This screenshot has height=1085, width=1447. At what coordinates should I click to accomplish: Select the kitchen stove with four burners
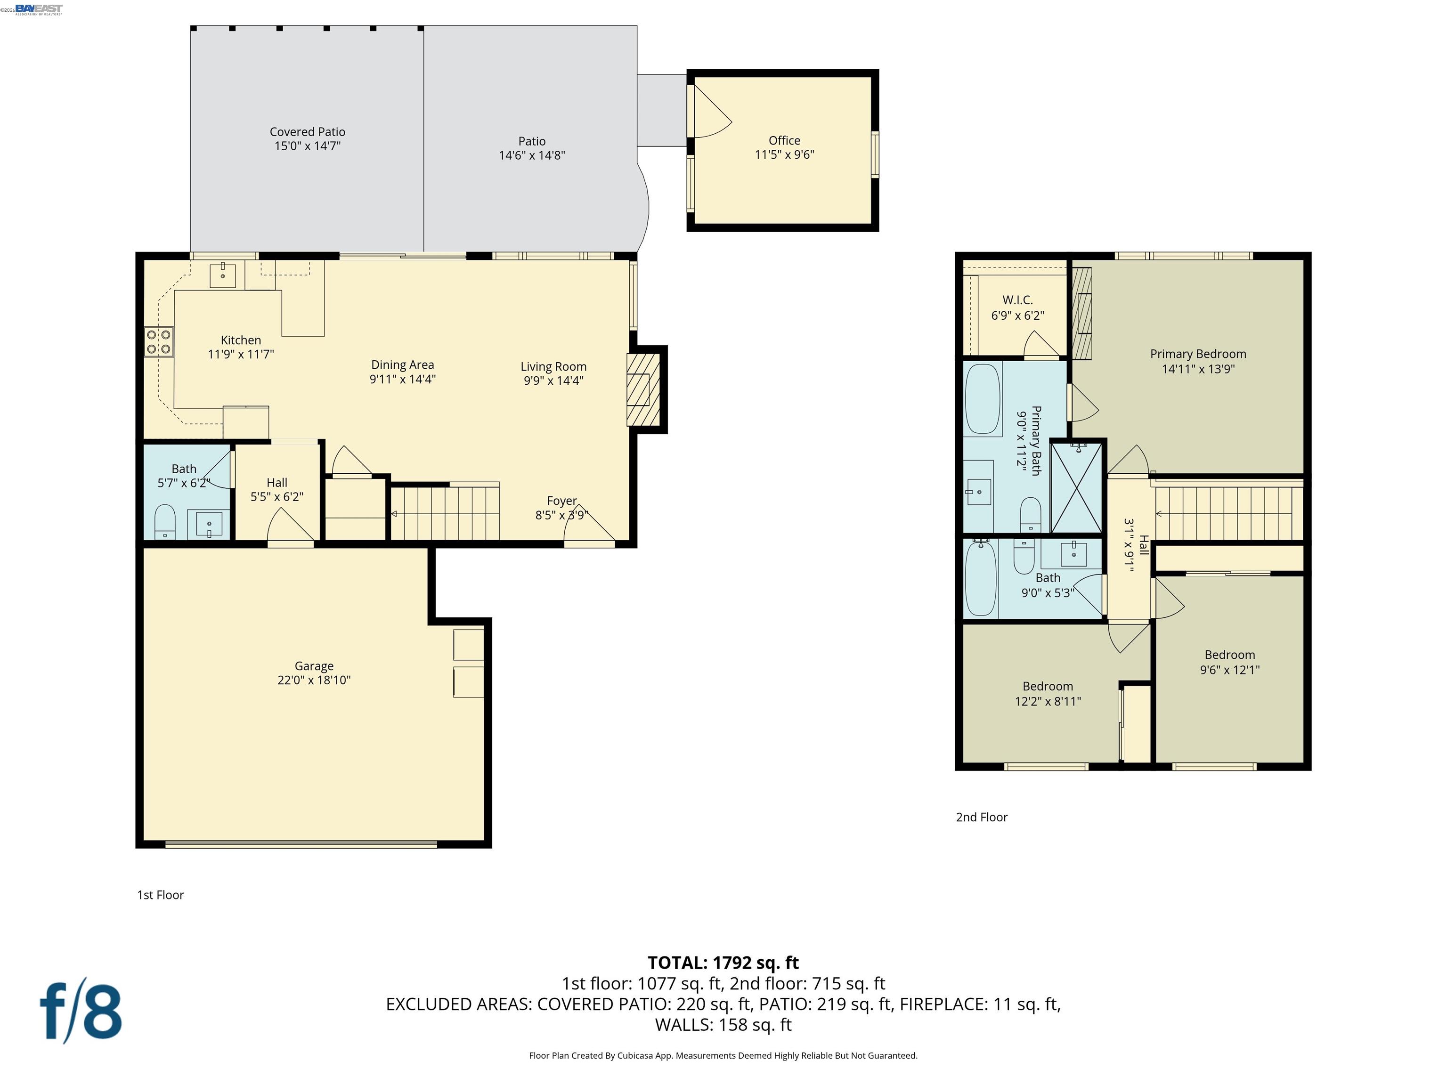point(159,342)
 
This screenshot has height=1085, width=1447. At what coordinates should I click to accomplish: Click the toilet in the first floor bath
point(165,521)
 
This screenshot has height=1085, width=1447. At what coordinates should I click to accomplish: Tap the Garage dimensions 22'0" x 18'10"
point(314,680)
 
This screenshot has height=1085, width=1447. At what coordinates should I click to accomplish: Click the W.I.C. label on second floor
point(1017,300)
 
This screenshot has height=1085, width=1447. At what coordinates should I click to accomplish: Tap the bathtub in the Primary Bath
point(983,399)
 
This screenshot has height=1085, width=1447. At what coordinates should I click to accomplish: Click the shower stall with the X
point(1076,488)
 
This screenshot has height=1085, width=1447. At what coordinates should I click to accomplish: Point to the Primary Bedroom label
point(1198,354)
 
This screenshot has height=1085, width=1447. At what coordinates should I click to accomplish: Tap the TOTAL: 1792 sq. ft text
point(723,963)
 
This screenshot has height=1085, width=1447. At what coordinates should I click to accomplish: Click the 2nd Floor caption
point(981,817)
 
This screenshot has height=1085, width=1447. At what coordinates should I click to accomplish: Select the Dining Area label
point(402,365)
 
